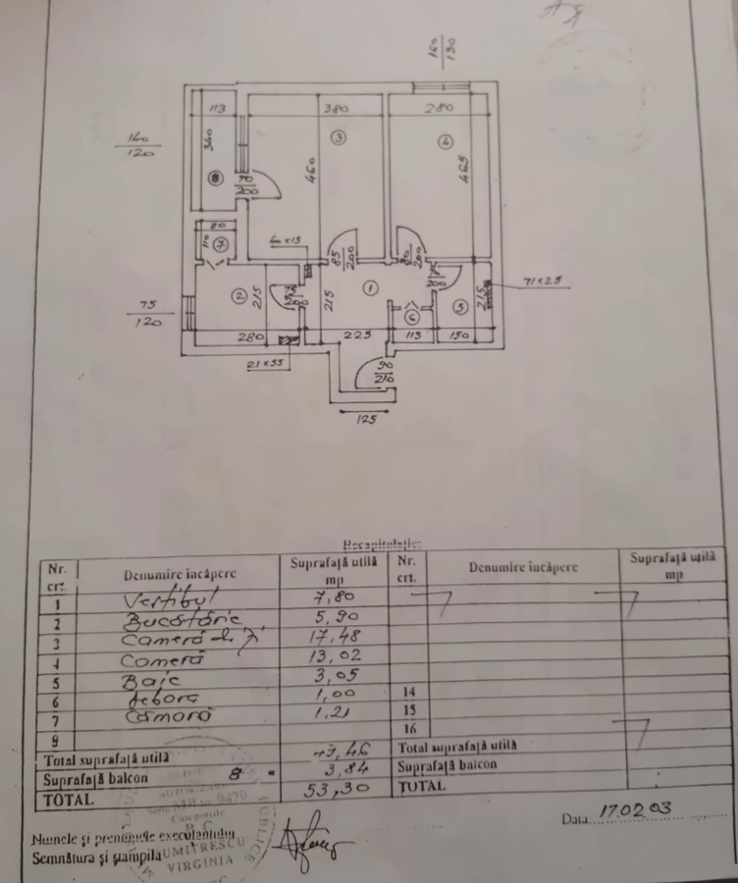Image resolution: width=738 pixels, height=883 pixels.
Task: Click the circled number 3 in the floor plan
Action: tap(339, 138)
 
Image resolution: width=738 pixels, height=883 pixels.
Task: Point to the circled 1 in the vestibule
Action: tap(369, 287)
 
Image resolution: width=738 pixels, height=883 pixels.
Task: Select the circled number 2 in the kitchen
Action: tap(237, 294)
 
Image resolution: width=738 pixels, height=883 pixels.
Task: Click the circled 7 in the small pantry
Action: tap(222, 243)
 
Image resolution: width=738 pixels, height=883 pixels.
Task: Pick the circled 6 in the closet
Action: tap(412, 316)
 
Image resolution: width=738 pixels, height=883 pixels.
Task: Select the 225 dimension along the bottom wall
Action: tap(356, 337)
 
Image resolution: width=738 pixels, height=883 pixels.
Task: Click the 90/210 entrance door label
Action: tap(383, 372)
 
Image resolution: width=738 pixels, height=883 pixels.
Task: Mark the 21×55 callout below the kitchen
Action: tap(264, 365)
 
